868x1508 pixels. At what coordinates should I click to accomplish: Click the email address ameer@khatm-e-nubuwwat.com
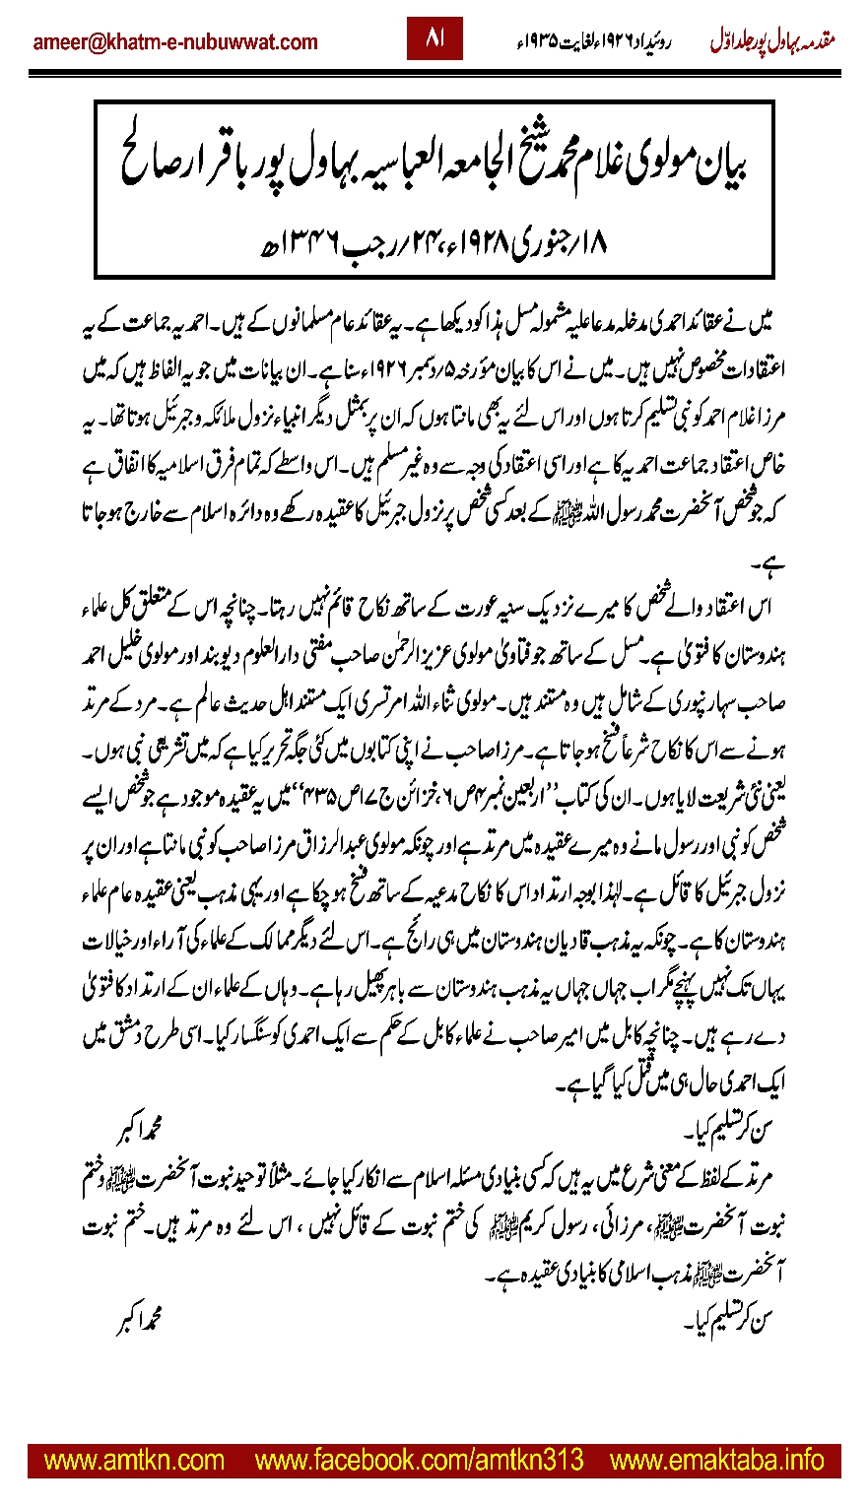point(175,41)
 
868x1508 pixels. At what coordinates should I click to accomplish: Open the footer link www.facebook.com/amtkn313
point(419,1460)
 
